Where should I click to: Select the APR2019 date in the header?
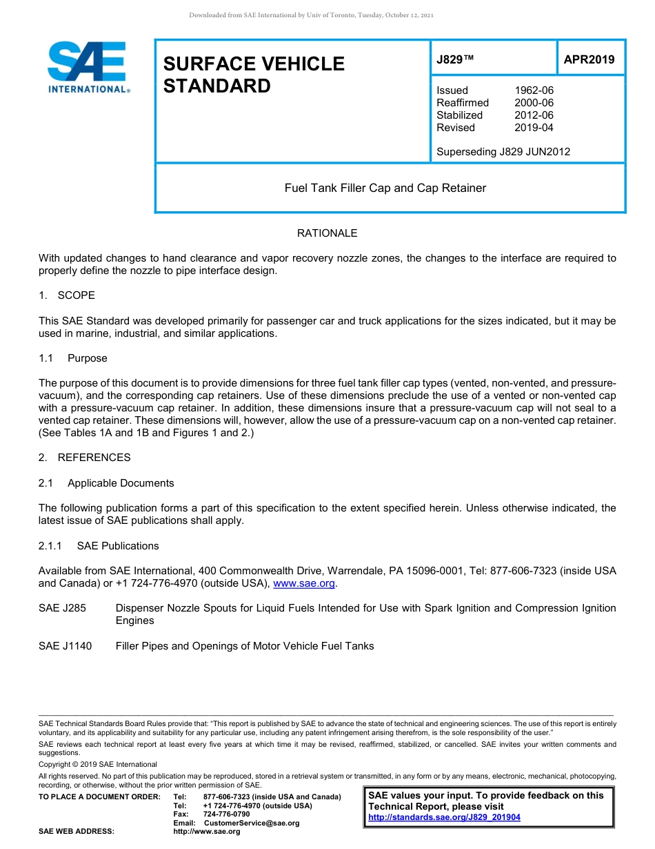pyautogui.click(x=589, y=59)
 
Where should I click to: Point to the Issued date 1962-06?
pyautogui.click(x=534, y=90)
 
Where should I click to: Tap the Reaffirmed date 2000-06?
pyautogui.click(x=534, y=103)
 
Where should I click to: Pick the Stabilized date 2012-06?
pyautogui.click(x=534, y=115)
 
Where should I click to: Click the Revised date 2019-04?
pyautogui.click(x=534, y=128)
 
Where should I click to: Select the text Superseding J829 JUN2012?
pyautogui.click(x=503, y=152)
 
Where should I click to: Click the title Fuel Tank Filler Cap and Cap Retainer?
pyautogui.click(x=385, y=188)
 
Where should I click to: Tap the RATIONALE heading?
pyautogui.click(x=327, y=233)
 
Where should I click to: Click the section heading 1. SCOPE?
pyautogui.click(x=67, y=295)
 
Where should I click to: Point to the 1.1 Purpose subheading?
pyautogui.click(x=73, y=358)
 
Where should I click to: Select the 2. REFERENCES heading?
pyautogui.click(x=84, y=458)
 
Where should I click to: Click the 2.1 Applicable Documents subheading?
pyautogui.click(x=106, y=483)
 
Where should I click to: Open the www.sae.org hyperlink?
pyautogui.click(x=304, y=584)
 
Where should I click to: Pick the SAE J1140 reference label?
pyautogui.click(x=65, y=646)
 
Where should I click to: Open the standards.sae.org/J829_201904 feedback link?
pyautogui.click(x=444, y=817)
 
